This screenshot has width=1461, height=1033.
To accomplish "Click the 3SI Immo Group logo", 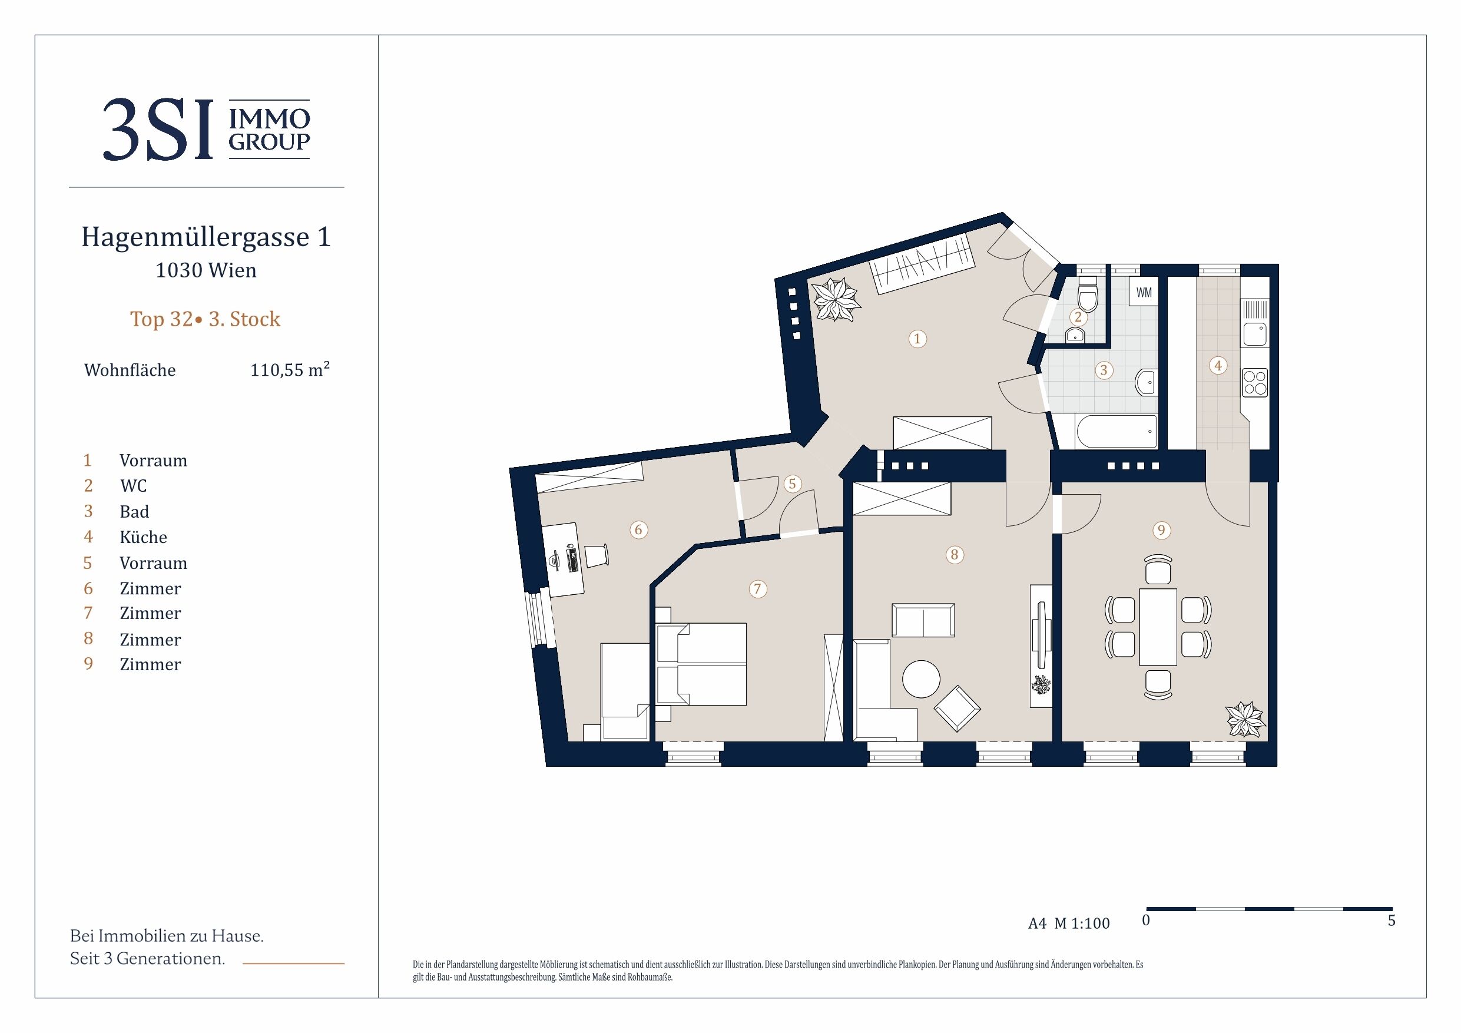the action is [206, 130].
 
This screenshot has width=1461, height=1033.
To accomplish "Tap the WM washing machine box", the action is [1144, 292].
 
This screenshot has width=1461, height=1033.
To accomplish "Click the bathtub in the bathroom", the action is [1116, 432].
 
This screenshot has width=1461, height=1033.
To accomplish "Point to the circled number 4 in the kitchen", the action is [1218, 365].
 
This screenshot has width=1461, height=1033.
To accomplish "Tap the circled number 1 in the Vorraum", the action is [917, 339].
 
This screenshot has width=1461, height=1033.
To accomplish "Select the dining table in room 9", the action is [1158, 627].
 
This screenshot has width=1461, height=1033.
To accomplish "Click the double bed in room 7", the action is [701, 664].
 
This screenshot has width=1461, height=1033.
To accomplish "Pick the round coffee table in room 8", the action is [921, 679].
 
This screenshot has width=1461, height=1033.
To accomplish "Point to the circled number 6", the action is [639, 529].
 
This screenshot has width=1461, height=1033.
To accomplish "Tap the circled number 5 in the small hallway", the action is [792, 484].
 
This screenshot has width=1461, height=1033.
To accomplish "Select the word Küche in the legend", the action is [143, 537].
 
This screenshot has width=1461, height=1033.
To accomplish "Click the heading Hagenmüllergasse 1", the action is [206, 237].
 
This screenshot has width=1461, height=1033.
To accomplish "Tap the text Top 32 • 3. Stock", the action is [205, 319].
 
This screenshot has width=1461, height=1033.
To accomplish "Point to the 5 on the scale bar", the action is [1392, 921].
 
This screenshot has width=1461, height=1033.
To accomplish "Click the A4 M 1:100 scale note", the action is [1069, 923].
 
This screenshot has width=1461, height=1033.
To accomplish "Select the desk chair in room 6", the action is [595, 555].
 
